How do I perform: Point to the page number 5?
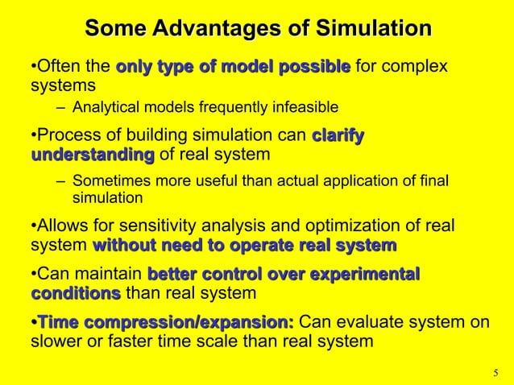[495, 373]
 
